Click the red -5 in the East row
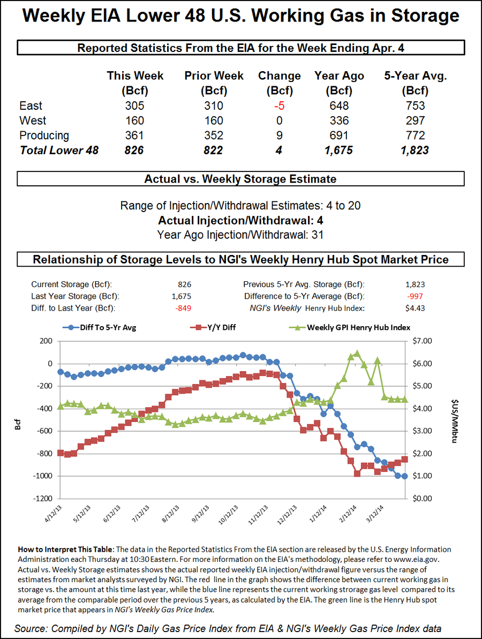click(x=279, y=106)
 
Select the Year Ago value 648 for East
click(x=340, y=106)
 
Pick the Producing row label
click(x=44, y=135)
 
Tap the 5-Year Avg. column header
click(x=416, y=82)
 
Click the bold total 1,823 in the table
click(x=415, y=151)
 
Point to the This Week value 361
click(x=134, y=135)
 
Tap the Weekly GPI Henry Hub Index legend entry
click(x=358, y=327)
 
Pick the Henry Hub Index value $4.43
click(x=416, y=307)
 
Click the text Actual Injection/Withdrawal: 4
click(x=240, y=220)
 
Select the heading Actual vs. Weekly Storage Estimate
click(x=240, y=179)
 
